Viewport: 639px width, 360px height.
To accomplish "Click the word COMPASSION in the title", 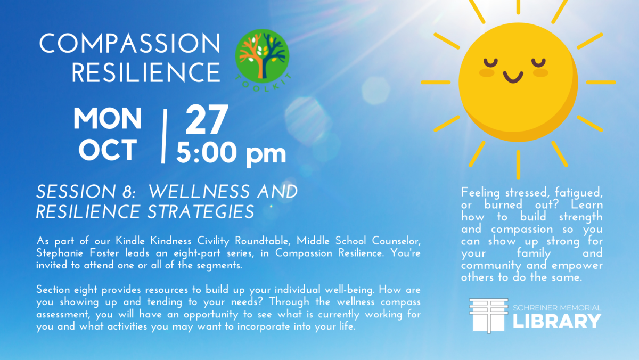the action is [130, 43].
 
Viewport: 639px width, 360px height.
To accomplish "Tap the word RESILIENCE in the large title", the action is [146, 72].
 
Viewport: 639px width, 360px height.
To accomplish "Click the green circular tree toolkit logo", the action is [263, 57].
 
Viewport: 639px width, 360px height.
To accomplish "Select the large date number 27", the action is [207, 119].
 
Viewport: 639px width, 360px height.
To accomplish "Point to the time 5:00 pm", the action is [231, 153].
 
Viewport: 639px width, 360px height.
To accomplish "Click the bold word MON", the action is [108, 119].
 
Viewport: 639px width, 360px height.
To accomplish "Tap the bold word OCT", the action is [108, 150].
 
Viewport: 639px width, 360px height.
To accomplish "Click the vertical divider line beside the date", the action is [164, 136].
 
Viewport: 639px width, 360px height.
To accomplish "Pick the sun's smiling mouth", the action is [513, 77].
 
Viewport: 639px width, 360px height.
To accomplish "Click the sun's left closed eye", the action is [490, 62].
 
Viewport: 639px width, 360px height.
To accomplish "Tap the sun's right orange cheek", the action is [540, 73].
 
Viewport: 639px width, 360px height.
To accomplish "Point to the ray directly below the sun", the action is [518, 165].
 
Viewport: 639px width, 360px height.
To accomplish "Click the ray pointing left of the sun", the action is [436, 83].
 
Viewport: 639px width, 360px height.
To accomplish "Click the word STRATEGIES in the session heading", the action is [201, 212].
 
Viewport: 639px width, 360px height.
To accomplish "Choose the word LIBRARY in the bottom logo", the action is [557, 321].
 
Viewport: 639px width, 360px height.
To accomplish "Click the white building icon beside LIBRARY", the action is [489, 315].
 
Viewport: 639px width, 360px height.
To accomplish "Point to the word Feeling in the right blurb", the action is [480, 193].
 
